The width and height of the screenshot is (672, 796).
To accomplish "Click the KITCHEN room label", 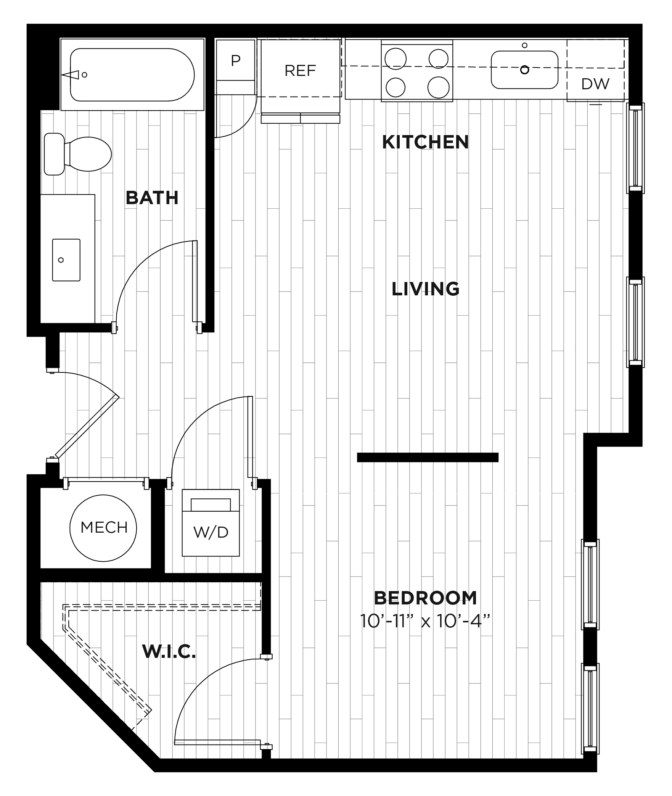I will (x=425, y=142).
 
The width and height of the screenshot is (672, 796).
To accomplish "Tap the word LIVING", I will (x=425, y=289).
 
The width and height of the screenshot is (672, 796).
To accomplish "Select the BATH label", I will (x=152, y=198).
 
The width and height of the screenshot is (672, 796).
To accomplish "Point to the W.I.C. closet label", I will (x=169, y=651).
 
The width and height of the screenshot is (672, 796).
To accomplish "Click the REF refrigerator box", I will (x=300, y=71).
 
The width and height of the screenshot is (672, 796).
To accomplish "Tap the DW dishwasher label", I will (x=595, y=84).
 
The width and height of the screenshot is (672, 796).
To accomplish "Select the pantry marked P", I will (x=235, y=60).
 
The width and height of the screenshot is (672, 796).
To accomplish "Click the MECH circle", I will (x=103, y=528).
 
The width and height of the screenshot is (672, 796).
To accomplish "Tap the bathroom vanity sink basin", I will (x=66, y=260).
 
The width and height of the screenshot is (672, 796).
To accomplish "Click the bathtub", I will (x=132, y=75).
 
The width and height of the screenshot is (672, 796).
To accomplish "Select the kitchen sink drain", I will (x=524, y=70).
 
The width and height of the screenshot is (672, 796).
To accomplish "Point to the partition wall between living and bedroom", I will (x=428, y=457).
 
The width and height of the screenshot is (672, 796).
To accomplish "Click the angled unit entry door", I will (x=87, y=426).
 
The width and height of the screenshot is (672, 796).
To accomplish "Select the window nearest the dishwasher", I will (x=635, y=148).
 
